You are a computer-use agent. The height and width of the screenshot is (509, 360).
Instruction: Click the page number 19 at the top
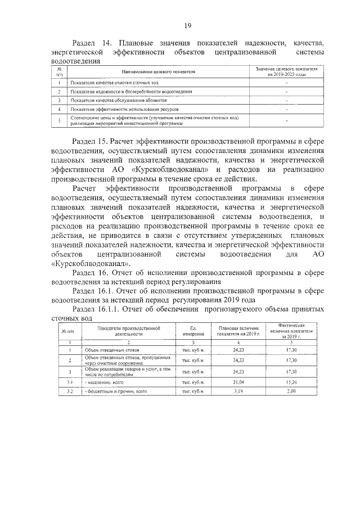(188, 25)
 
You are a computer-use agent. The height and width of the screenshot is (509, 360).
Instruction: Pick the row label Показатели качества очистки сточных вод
(110, 82)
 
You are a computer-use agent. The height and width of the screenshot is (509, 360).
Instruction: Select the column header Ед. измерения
(192, 332)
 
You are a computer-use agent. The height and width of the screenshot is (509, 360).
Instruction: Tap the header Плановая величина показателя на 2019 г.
(238, 332)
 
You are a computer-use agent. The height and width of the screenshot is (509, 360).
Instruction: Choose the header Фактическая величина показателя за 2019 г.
(291, 332)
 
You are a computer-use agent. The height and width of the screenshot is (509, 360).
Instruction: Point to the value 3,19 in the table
(238, 390)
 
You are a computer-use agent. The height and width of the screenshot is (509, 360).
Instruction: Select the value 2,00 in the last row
(291, 390)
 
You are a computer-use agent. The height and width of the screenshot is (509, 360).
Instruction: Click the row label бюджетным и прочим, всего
(115, 390)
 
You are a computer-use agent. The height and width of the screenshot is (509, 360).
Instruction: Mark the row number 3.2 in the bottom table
(70, 390)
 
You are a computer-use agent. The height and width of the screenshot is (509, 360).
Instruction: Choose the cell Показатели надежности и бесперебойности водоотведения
(132, 91)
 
